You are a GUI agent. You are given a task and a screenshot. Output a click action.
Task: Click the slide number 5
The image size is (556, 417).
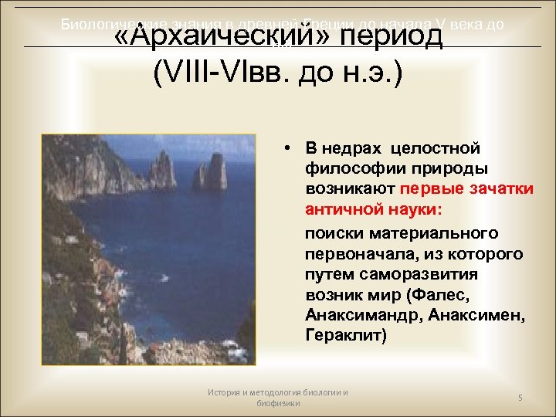(x=520, y=398)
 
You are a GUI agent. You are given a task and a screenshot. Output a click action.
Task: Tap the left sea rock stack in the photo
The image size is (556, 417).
(x=162, y=171)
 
